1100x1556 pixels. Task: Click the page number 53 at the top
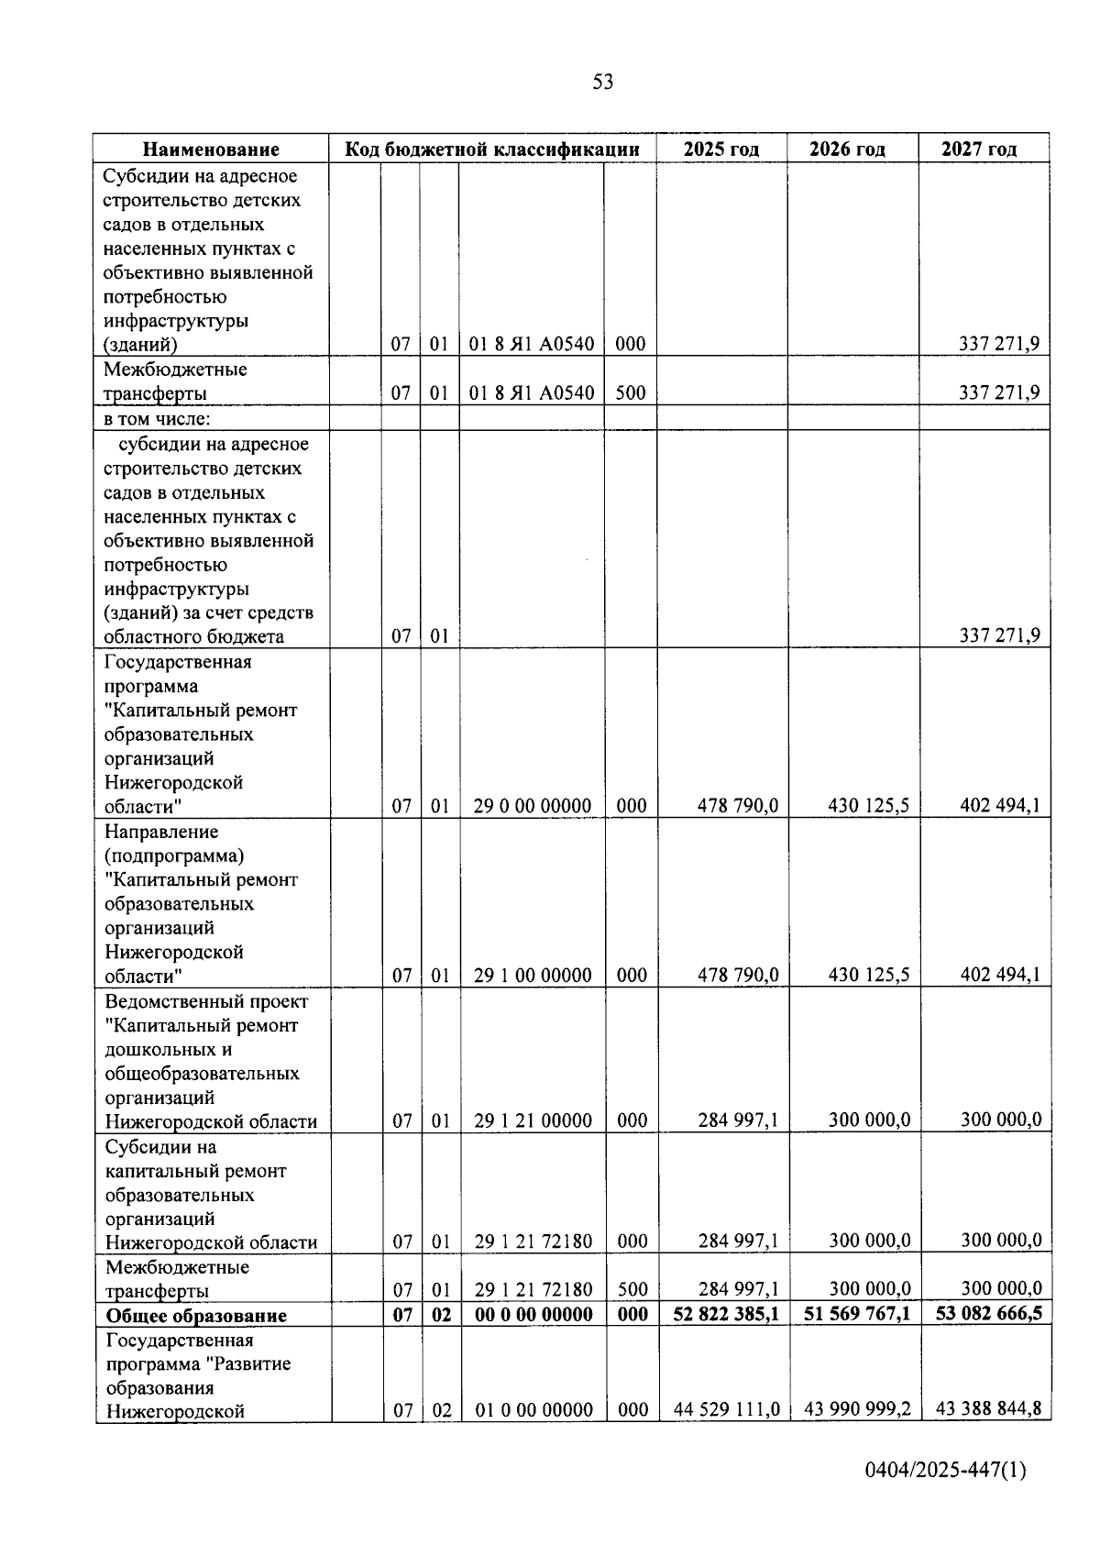tap(602, 83)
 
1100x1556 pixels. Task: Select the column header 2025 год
tap(721, 149)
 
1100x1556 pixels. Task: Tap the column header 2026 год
tap(847, 149)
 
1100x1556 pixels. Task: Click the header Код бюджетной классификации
tap(491, 149)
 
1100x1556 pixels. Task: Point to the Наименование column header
tap(211, 149)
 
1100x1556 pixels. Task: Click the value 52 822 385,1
tap(726, 1314)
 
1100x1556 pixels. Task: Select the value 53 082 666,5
tap(988, 1314)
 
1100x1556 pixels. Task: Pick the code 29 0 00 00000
tap(533, 806)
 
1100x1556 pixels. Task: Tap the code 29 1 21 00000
tap(533, 1120)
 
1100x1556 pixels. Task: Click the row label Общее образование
tap(196, 1316)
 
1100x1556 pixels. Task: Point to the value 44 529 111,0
tap(727, 1409)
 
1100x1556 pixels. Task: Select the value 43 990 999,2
tap(857, 1409)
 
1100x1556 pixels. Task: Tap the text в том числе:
tap(157, 419)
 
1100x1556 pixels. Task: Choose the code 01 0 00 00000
tap(533, 1410)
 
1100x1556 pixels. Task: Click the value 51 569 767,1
tap(857, 1314)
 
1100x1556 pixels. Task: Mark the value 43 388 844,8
tap(988, 1409)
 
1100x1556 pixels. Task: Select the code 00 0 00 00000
tap(533, 1315)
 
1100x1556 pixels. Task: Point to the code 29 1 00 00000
tap(533, 976)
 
